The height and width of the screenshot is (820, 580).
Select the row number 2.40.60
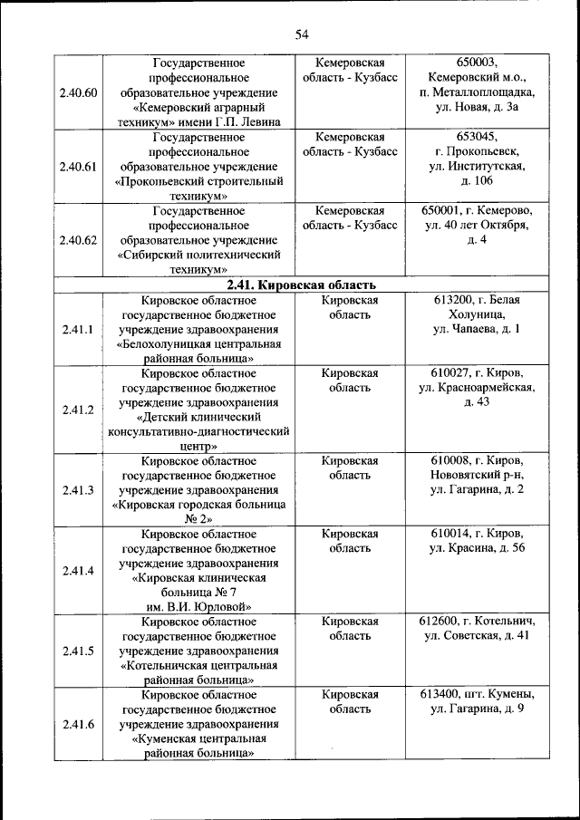click(x=78, y=92)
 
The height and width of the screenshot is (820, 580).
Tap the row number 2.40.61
click(x=78, y=167)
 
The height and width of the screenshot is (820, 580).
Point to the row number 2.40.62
click(x=78, y=240)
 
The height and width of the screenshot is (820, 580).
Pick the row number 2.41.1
click(x=78, y=329)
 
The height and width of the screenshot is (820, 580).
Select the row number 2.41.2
click(x=78, y=410)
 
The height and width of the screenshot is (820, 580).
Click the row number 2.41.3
click(x=78, y=490)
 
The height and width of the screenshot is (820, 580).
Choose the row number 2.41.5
click(x=78, y=651)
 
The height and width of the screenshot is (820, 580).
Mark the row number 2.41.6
click(x=78, y=723)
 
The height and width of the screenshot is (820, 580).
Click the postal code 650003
click(x=477, y=63)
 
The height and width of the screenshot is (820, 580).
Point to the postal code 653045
click(x=477, y=137)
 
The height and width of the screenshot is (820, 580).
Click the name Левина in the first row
click(x=260, y=121)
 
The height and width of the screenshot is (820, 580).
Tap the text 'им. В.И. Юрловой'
click(x=198, y=606)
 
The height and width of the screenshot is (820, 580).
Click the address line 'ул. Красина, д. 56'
click(x=477, y=548)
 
